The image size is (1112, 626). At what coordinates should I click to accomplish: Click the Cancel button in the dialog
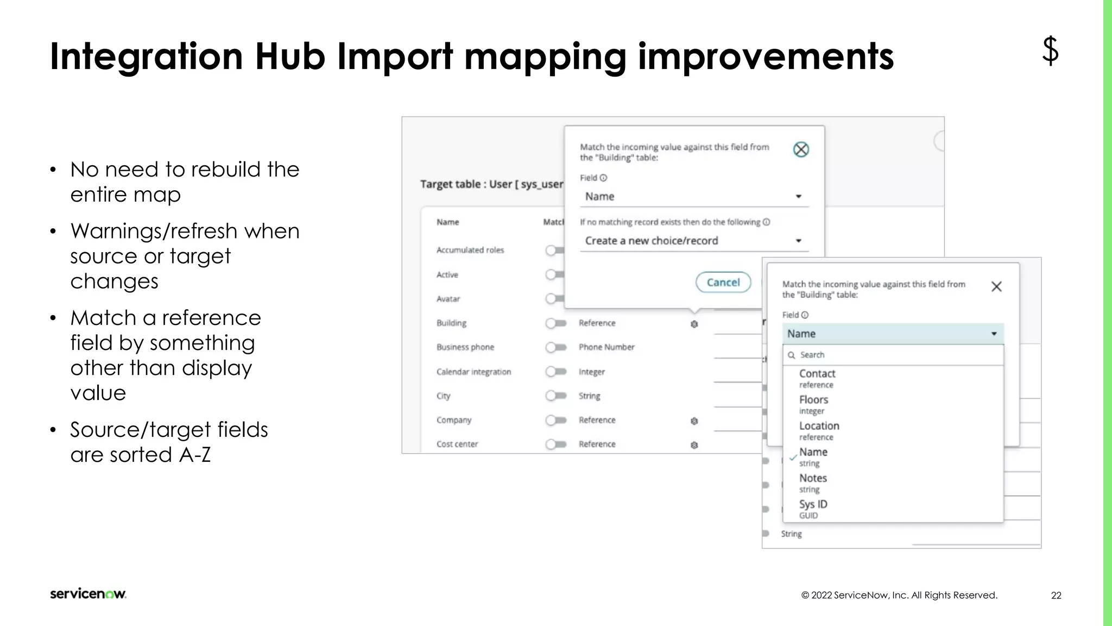click(723, 283)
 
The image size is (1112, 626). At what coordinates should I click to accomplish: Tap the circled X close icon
click(801, 149)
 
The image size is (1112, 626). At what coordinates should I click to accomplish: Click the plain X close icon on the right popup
click(996, 286)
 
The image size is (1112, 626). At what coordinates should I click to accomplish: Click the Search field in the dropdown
click(893, 355)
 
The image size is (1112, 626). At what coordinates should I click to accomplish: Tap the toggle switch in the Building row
click(555, 323)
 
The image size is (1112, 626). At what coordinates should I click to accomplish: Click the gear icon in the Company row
click(694, 421)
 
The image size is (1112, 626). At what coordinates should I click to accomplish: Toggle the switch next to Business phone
click(555, 347)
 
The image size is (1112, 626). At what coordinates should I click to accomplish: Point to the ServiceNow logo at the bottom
click(88, 593)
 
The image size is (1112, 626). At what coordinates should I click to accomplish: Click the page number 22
click(1056, 595)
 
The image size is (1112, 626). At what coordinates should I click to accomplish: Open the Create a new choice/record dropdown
click(694, 241)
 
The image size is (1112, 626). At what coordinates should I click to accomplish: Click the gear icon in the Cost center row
click(694, 445)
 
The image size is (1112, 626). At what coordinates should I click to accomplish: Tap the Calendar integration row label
click(473, 372)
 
